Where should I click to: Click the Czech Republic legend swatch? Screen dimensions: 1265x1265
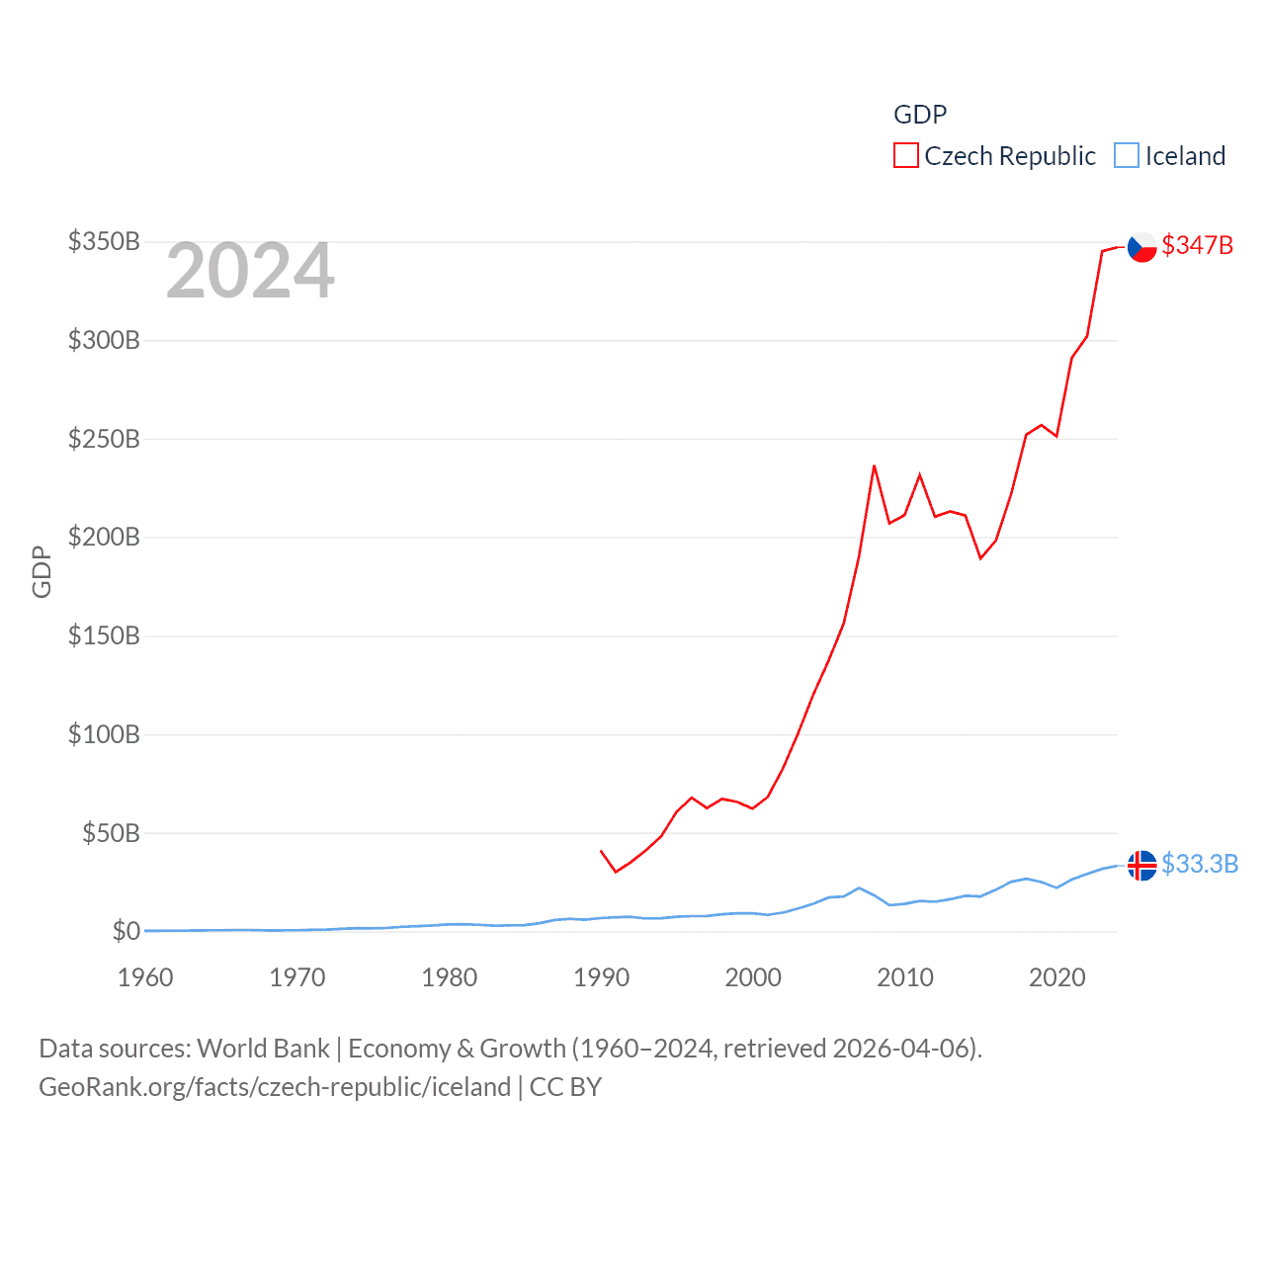(x=905, y=156)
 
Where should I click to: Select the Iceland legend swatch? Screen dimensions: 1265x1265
(x=1127, y=156)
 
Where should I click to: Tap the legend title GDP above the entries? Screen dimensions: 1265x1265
(x=920, y=115)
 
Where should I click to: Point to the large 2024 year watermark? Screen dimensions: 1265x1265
(x=250, y=271)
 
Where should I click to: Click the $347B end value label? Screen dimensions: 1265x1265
(x=1197, y=245)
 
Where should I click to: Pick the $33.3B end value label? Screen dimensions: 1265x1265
(x=1199, y=864)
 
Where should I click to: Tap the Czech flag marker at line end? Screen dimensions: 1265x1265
(x=1142, y=247)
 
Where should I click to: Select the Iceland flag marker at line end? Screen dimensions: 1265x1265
(x=1142, y=865)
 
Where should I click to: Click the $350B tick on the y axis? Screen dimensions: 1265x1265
(x=104, y=242)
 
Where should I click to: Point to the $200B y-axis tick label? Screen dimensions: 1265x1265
(x=104, y=538)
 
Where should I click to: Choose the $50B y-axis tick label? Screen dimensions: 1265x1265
(x=111, y=833)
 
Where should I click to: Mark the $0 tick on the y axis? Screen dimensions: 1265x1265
(x=126, y=931)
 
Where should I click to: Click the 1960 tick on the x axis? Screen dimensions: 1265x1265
(x=145, y=977)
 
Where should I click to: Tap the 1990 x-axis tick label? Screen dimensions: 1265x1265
(x=601, y=977)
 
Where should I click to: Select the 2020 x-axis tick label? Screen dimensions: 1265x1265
(x=1056, y=977)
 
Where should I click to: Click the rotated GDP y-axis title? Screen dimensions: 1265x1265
(x=42, y=571)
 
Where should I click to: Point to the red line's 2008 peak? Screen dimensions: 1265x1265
(x=875, y=465)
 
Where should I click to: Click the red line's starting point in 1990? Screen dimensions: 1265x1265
(x=601, y=850)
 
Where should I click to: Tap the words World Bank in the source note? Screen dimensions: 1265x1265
(x=263, y=1048)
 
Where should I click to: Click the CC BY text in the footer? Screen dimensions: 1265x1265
(x=565, y=1087)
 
